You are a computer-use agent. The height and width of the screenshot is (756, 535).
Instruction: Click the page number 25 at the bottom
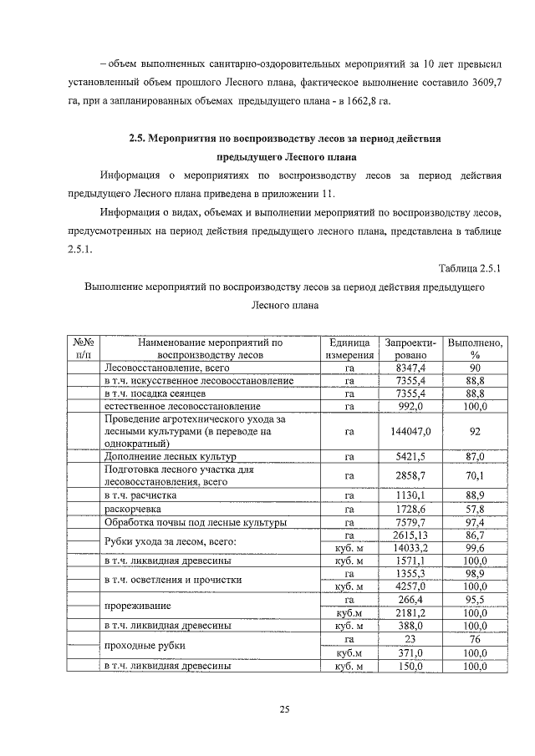tap(283, 710)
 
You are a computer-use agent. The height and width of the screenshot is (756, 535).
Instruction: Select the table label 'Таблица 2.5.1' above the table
tap(468, 267)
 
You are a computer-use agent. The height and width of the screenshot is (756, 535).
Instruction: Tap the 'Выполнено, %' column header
tap(475, 348)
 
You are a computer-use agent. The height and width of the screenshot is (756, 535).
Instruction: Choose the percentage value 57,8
tap(475, 508)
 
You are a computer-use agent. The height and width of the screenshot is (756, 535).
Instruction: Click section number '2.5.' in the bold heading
tap(139, 139)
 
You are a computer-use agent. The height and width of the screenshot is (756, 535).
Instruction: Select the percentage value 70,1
tap(475, 476)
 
